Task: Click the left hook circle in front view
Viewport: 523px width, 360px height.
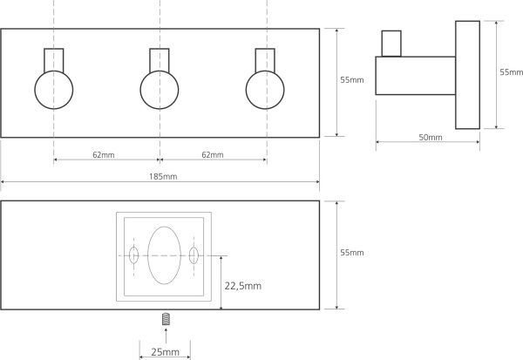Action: (x=54, y=89)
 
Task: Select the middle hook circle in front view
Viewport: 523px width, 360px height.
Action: (x=160, y=89)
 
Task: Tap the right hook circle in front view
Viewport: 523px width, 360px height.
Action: (x=265, y=89)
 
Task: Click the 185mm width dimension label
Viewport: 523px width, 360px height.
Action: (x=161, y=176)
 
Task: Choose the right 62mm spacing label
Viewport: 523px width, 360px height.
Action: (x=212, y=154)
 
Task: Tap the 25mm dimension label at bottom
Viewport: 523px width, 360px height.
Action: (x=165, y=352)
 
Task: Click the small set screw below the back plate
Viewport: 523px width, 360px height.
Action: (x=165, y=323)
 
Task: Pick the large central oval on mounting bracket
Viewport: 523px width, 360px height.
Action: (x=163, y=255)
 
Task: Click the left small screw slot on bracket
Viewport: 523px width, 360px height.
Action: (x=133, y=255)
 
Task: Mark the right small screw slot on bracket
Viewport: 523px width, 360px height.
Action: (x=194, y=255)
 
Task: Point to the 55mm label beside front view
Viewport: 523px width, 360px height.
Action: (x=351, y=79)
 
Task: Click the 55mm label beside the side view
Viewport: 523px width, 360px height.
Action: (x=511, y=72)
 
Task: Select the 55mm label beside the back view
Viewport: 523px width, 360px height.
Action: (x=351, y=253)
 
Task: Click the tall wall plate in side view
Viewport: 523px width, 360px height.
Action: (x=467, y=75)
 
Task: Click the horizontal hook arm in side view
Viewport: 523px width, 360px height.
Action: (x=415, y=75)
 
